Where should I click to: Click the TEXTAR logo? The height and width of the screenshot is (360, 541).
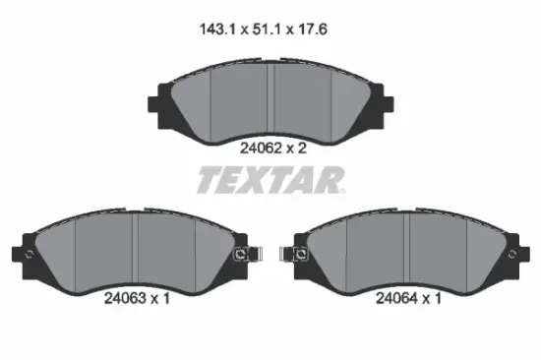pos(270,180)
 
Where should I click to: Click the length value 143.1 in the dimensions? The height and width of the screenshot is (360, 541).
pos(217,30)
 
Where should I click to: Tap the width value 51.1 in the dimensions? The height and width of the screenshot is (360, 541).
pos(266,30)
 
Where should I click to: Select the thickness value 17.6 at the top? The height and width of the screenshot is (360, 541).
pos(312,30)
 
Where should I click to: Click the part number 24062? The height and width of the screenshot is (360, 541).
pos(262,149)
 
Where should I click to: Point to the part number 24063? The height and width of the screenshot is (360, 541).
pos(125,298)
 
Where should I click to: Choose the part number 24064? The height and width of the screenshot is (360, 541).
pos(396,298)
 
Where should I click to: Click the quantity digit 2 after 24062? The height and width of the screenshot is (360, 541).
pos(302,149)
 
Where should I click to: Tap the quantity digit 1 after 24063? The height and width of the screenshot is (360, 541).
pos(166,298)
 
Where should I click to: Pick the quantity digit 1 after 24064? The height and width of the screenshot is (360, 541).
pos(438,298)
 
